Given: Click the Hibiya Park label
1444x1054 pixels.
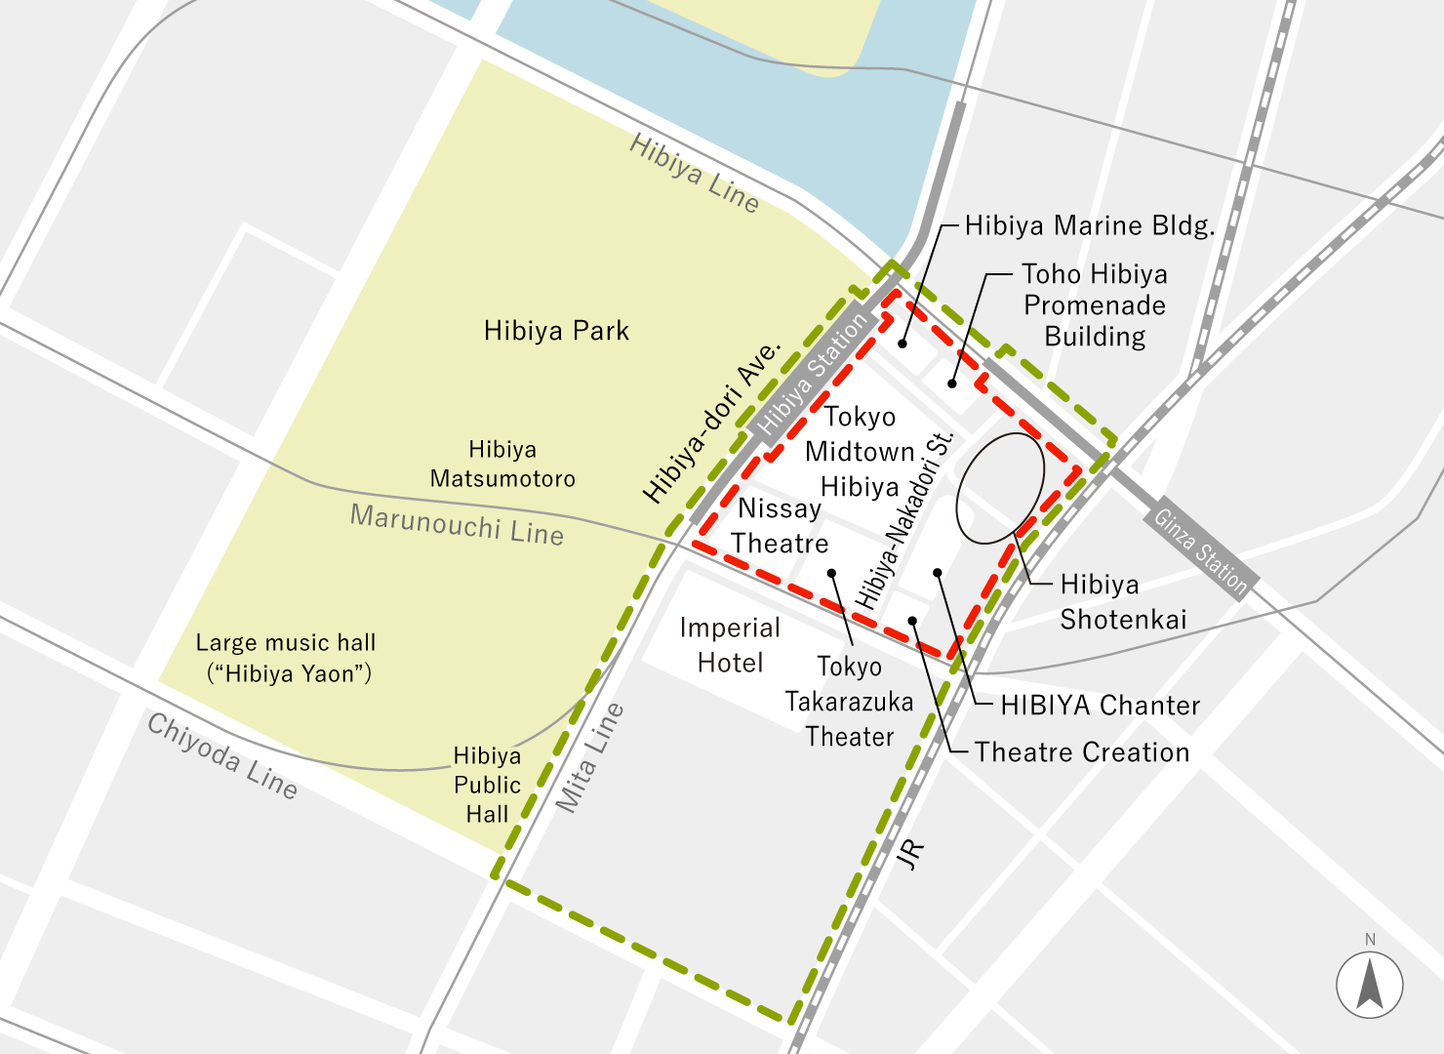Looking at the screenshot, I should [x=556, y=331].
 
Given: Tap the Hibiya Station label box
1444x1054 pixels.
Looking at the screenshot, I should [x=812, y=376].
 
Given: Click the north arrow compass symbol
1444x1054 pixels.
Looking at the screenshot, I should [x=1370, y=984].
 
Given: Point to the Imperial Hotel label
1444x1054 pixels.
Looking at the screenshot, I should [x=730, y=645].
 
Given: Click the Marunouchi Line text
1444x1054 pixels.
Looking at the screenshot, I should [x=457, y=524].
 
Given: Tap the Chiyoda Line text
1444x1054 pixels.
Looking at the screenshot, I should [x=222, y=755].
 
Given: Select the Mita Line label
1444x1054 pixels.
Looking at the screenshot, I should [x=589, y=757].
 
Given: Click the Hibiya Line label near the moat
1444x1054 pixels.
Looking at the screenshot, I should [x=694, y=173].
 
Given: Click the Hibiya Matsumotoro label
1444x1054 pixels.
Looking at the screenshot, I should [x=502, y=464].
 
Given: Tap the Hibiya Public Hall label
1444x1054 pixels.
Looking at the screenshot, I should [x=487, y=785].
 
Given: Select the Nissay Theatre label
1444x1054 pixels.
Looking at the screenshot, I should [x=780, y=525].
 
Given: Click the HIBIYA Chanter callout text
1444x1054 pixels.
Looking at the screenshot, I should [x=1101, y=706].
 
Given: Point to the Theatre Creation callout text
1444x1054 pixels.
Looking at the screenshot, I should [x=1082, y=752].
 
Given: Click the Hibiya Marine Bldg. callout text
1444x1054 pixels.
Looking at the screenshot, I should [x=1090, y=226].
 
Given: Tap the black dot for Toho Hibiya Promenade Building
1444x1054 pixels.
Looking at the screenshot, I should [x=952, y=384].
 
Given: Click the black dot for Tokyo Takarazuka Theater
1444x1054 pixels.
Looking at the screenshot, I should [x=831, y=573].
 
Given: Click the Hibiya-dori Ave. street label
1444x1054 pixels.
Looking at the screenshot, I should [x=712, y=422].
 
